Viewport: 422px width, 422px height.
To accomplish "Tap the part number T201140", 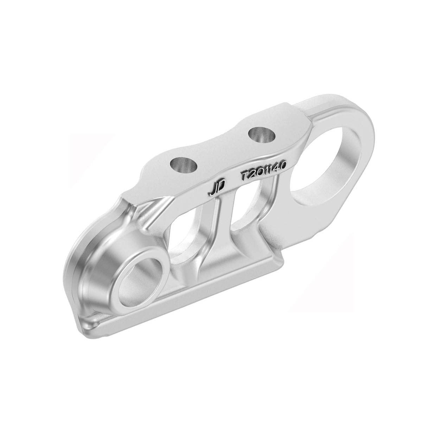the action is [263, 172].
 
